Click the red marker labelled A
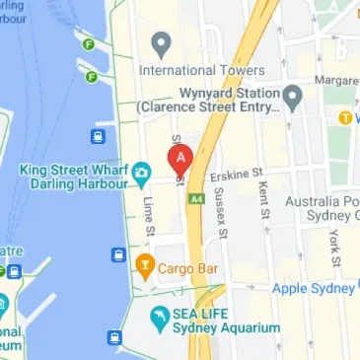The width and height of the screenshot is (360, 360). tap(180, 159)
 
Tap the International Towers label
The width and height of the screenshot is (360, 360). tap(201, 71)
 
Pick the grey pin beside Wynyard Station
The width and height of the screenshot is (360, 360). tap(292, 97)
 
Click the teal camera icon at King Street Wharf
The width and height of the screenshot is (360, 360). tap(141, 175)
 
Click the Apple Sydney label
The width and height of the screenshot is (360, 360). tap(312, 288)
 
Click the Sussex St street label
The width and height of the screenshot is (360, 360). tap(223, 217)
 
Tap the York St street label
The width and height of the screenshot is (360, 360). tap(336, 249)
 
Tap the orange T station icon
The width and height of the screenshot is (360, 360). tap(345, 117)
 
